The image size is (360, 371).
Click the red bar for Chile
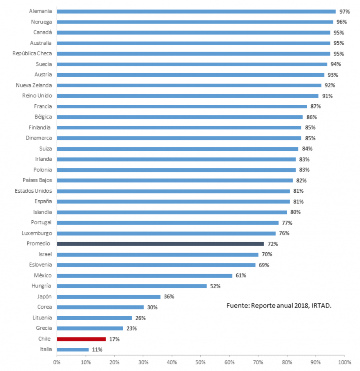click(x=81, y=339)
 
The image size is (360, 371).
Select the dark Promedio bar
click(x=160, y=244)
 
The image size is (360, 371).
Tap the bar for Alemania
click(x=196, y=12)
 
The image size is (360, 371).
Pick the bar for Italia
click(x=72, y=349)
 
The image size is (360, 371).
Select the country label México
click(x=43, y=275)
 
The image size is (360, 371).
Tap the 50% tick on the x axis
click(x=200, y=362)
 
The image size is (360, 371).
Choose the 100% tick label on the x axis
click(x=344, y=362)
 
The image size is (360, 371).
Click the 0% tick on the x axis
click(x=57, y=362)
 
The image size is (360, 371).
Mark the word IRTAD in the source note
click(x=320, y=305)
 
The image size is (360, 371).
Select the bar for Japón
click(x=108, y=297)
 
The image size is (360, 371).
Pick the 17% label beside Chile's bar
click(x=114, y=339)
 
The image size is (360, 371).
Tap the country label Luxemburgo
click(x=37, y=233)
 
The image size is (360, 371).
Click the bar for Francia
click(x=182, y=106)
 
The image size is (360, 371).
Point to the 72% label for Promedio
click(x=273, y=244)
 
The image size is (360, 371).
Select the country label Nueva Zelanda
click(x=34, y=85)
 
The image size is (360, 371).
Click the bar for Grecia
click(x=90, y=328)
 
